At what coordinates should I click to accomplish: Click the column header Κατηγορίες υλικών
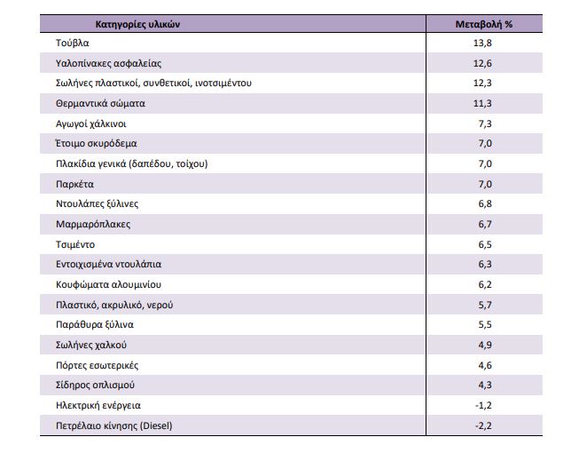137,25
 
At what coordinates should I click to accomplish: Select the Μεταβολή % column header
484,25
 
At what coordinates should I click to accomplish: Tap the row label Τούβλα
72,43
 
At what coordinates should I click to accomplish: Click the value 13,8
482,43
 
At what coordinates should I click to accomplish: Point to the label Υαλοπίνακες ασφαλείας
108,63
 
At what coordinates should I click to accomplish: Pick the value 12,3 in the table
482,83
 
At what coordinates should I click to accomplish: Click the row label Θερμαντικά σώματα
100,104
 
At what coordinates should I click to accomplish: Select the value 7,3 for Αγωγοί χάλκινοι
485,124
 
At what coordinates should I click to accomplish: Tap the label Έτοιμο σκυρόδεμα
96,143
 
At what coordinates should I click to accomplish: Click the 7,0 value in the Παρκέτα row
485,184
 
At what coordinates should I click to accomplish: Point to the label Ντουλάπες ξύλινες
97,204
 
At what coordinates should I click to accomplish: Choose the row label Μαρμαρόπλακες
93,225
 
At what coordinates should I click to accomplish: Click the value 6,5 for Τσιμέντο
485,244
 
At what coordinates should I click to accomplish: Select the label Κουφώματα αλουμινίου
108,284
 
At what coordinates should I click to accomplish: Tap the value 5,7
485,305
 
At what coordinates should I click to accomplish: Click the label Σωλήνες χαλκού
91,345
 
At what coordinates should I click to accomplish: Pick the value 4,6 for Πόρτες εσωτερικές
485,365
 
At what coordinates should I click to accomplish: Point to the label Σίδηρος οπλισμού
95,385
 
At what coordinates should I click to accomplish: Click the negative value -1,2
483,406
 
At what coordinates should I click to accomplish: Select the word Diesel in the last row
156,425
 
